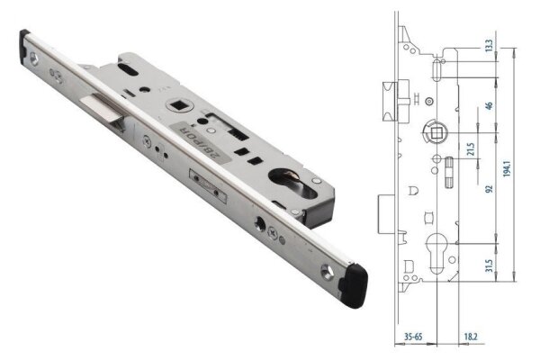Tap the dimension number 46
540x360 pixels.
[x=489, y=106]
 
